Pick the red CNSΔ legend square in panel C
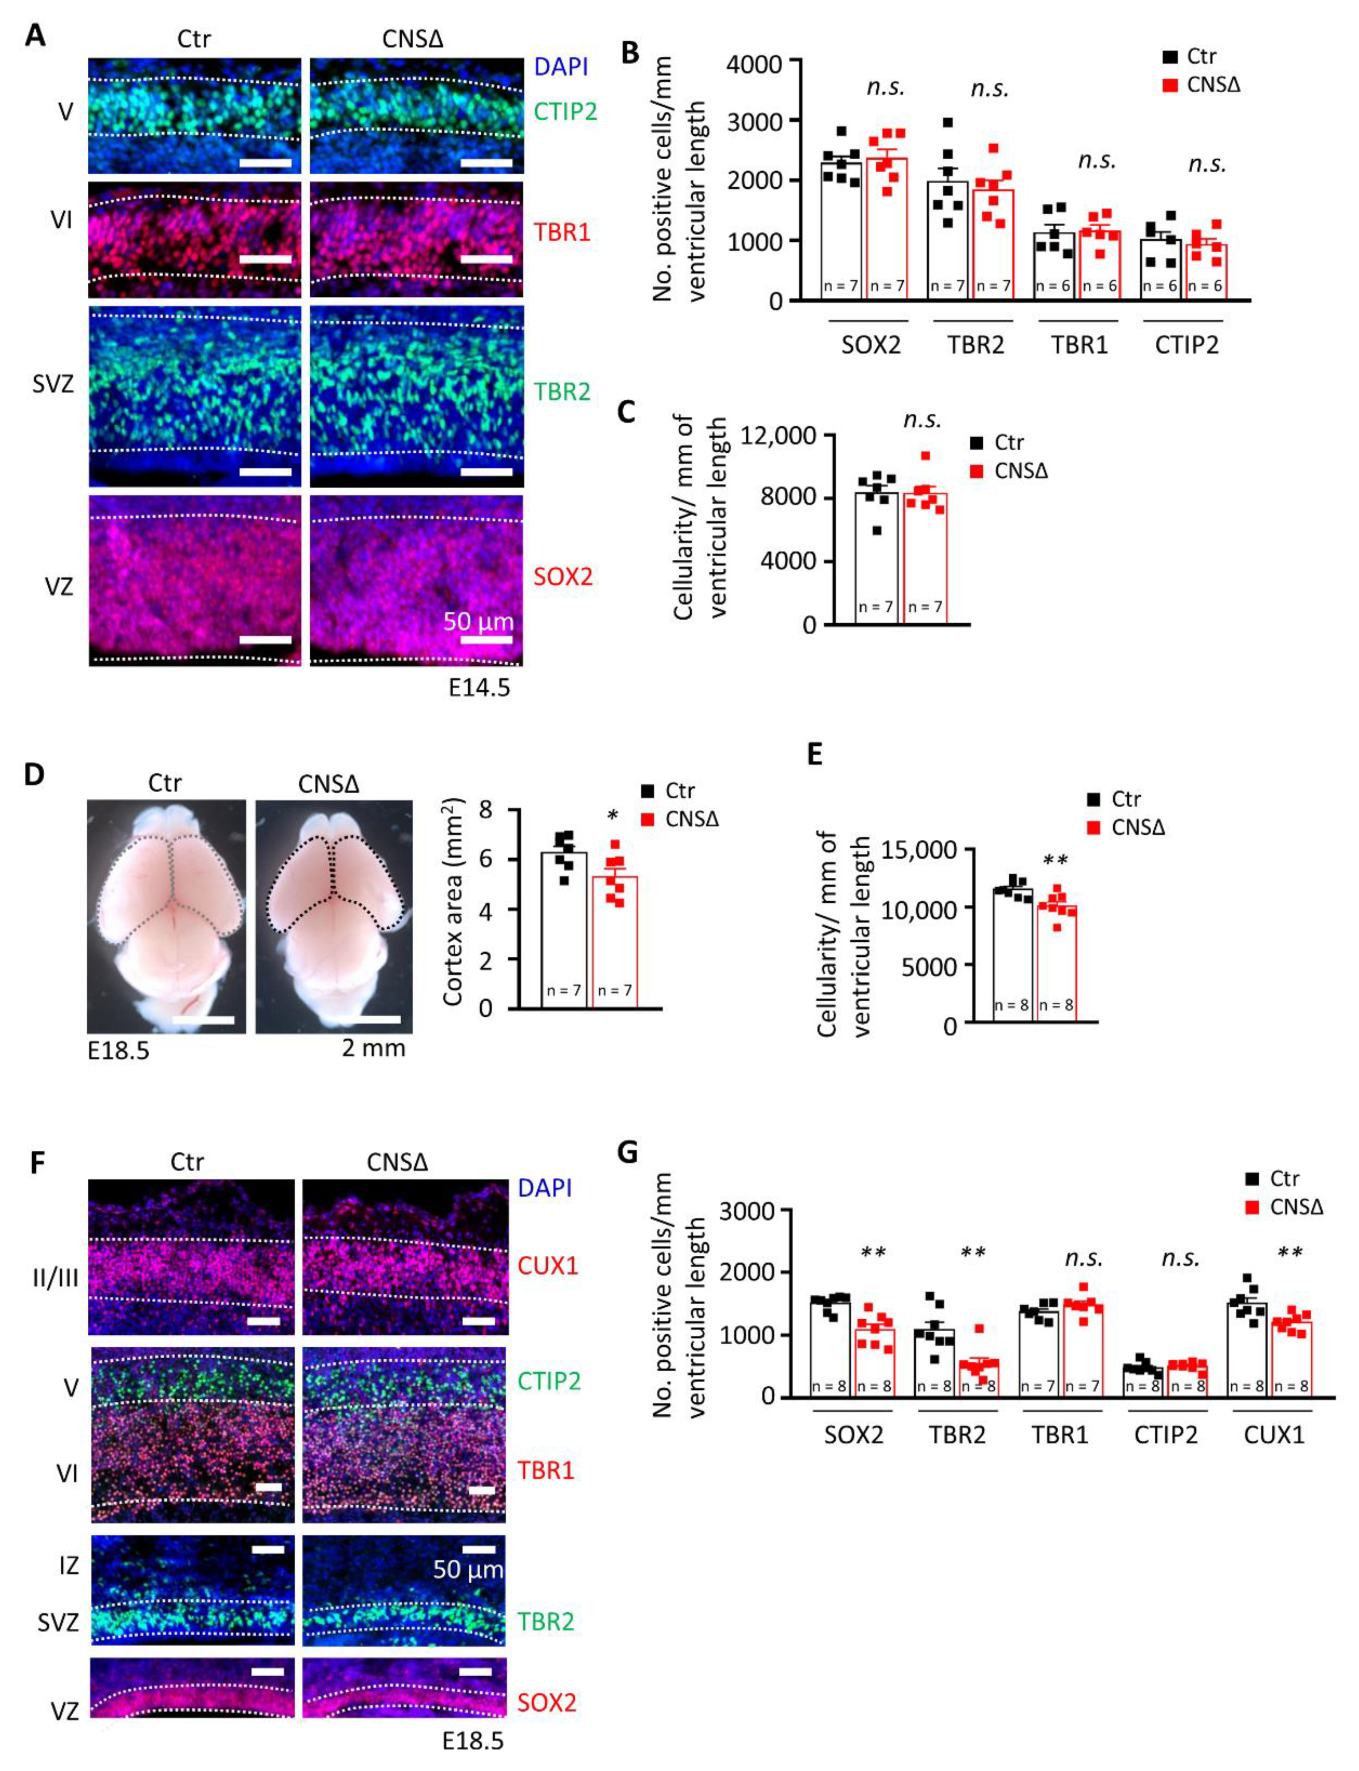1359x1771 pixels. (x=976, y=471)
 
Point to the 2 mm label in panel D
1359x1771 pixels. (x=373, y=1048)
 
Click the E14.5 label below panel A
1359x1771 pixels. (x=480, y=689)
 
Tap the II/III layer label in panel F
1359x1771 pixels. (x=55, y=1279)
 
